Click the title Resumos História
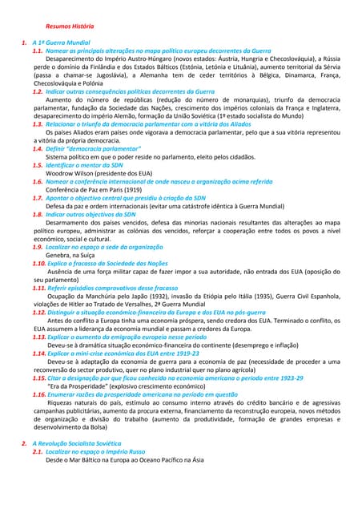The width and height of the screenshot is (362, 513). pos(70,26)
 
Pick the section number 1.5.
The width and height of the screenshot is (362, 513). pos(38,164)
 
